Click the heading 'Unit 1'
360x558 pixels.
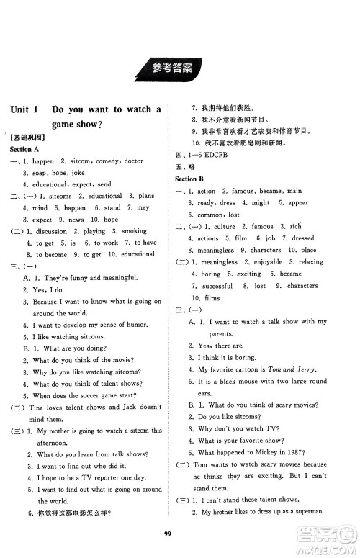28,109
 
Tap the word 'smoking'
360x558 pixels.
133,231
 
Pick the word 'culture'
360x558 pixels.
225,227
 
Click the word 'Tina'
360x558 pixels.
35,407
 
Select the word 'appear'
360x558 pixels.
297,203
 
